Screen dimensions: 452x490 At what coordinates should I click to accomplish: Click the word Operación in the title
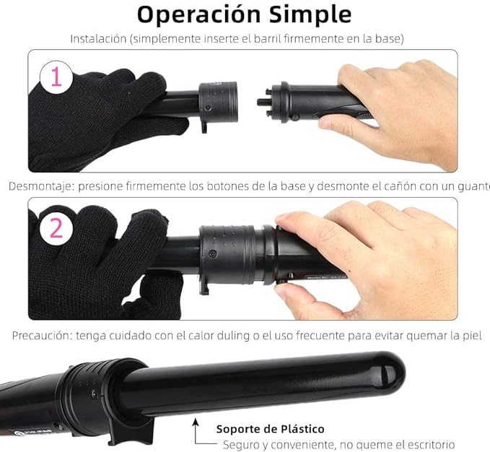(x=194, y=14)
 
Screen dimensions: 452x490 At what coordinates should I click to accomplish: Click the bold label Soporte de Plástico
(x=270, y=429)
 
